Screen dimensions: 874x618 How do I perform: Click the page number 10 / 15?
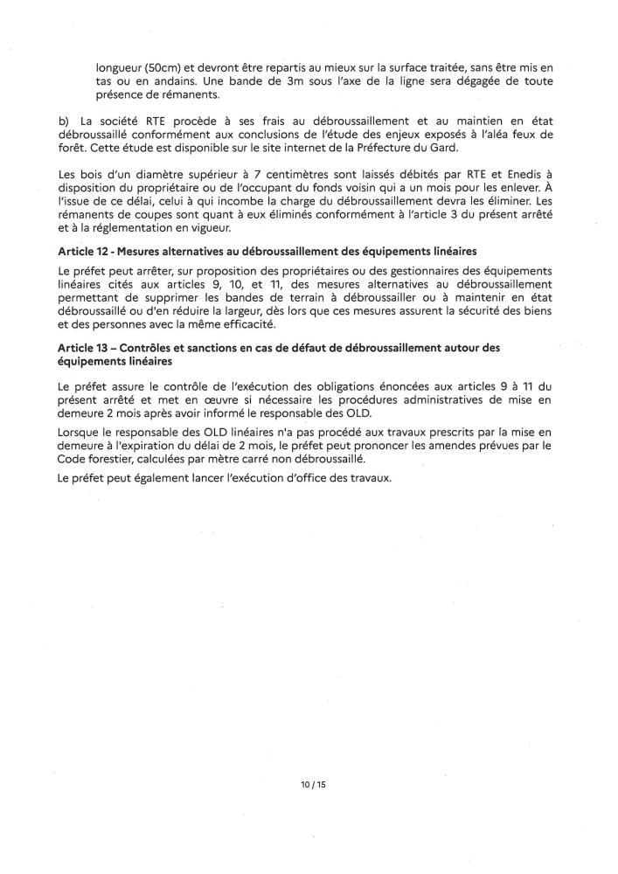(x=309, y=785)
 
